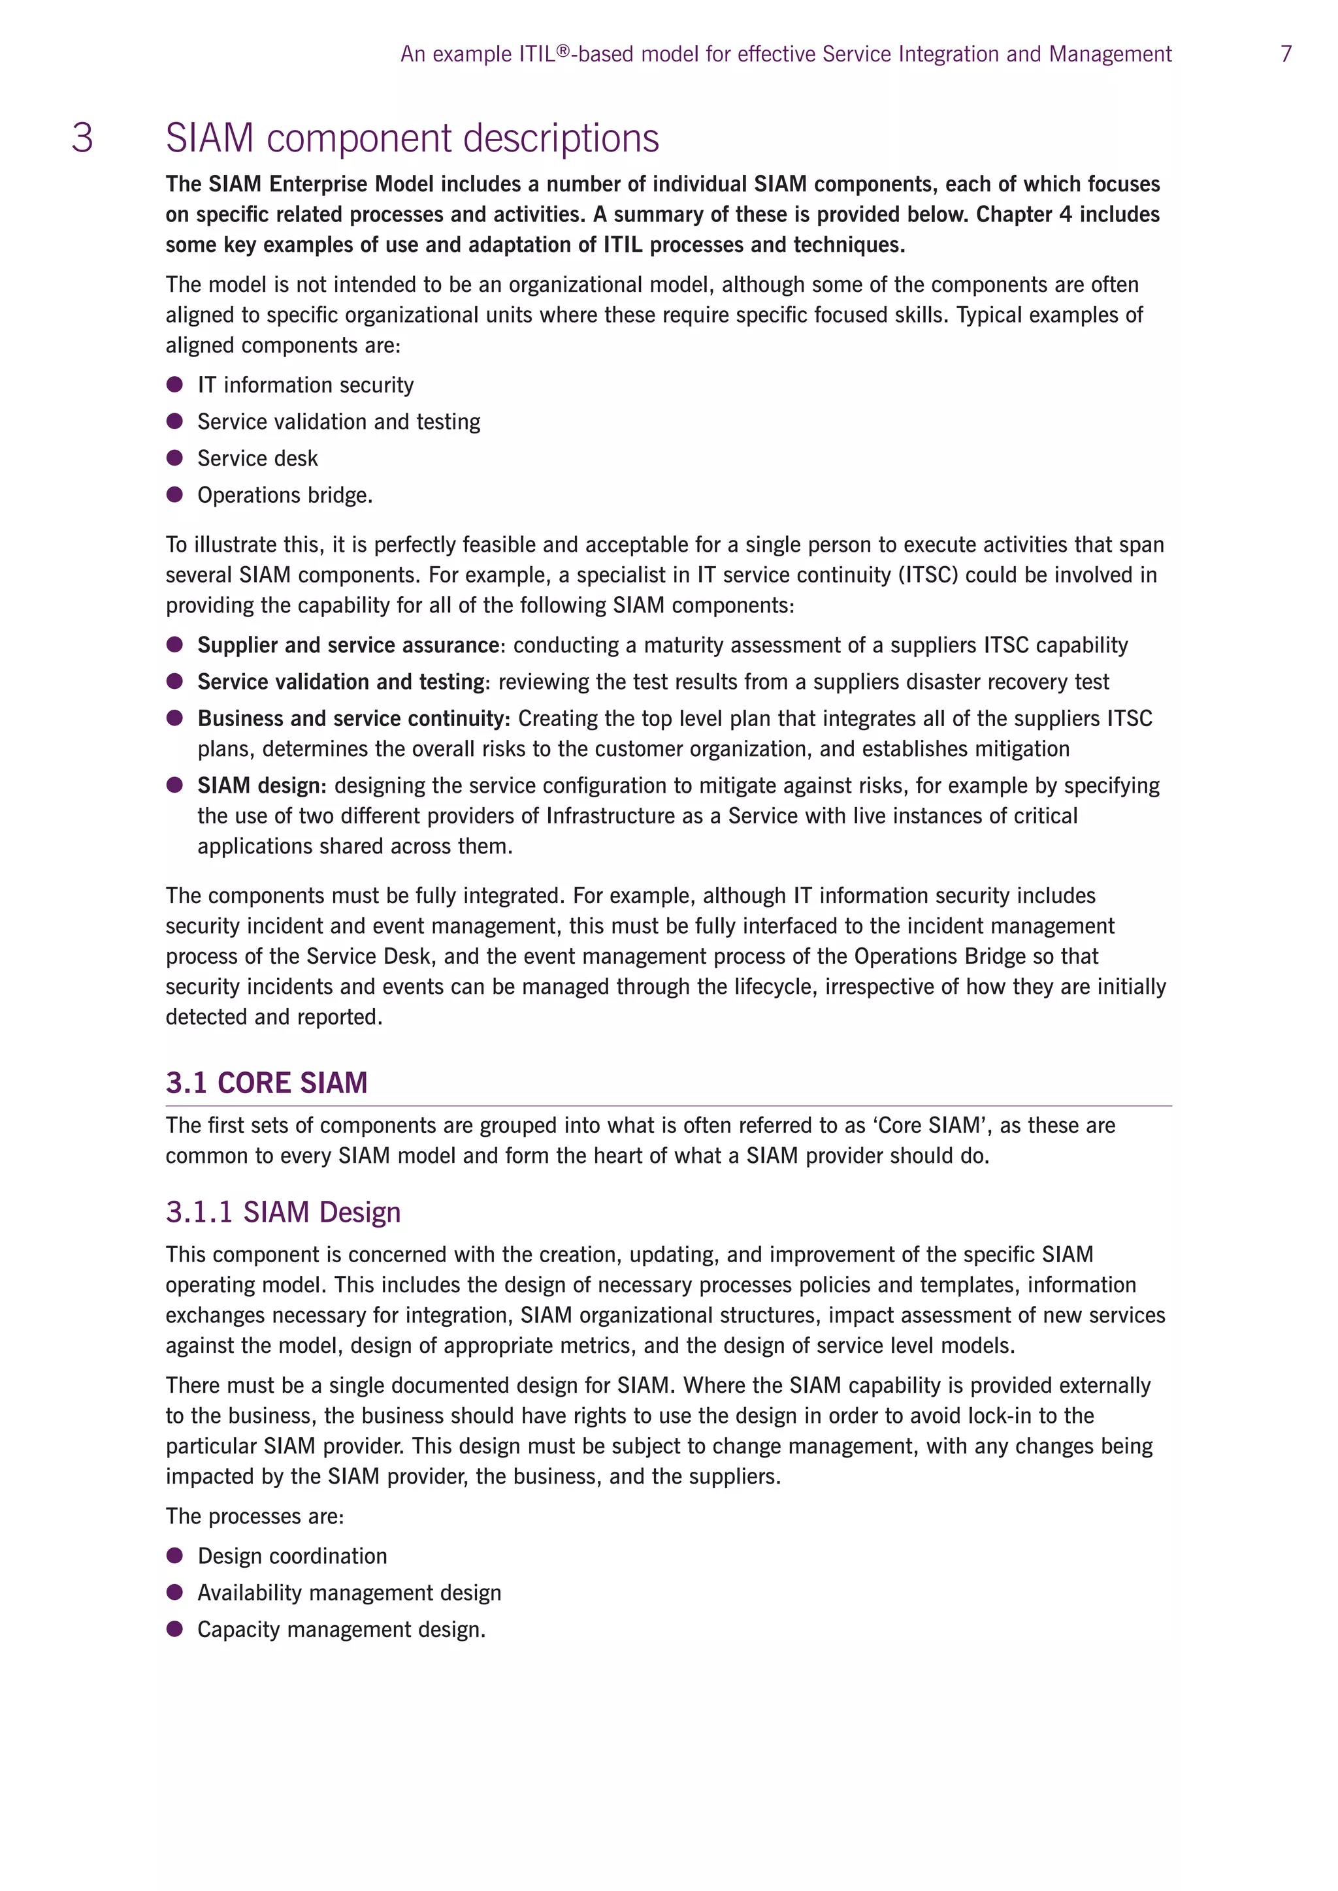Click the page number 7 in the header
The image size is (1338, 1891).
tap(1285, 54)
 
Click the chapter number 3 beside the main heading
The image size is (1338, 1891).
tap(82, 138)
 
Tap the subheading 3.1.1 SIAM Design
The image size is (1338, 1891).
tap(283, 1211)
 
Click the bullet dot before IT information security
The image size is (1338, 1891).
tap(174, 385)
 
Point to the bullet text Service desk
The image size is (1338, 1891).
tap(257, 458)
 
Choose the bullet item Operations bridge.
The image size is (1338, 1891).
tap(284, 495)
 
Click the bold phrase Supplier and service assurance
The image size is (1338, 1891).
tap(348, 645)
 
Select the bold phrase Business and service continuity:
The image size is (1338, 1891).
tap(353, 718)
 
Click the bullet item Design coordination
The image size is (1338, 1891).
tap(291, 1556)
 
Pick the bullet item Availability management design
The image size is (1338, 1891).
tap(348, 1593)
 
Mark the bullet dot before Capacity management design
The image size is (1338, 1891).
tap(174, 1629)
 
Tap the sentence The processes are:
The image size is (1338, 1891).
tap(255, 1516)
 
